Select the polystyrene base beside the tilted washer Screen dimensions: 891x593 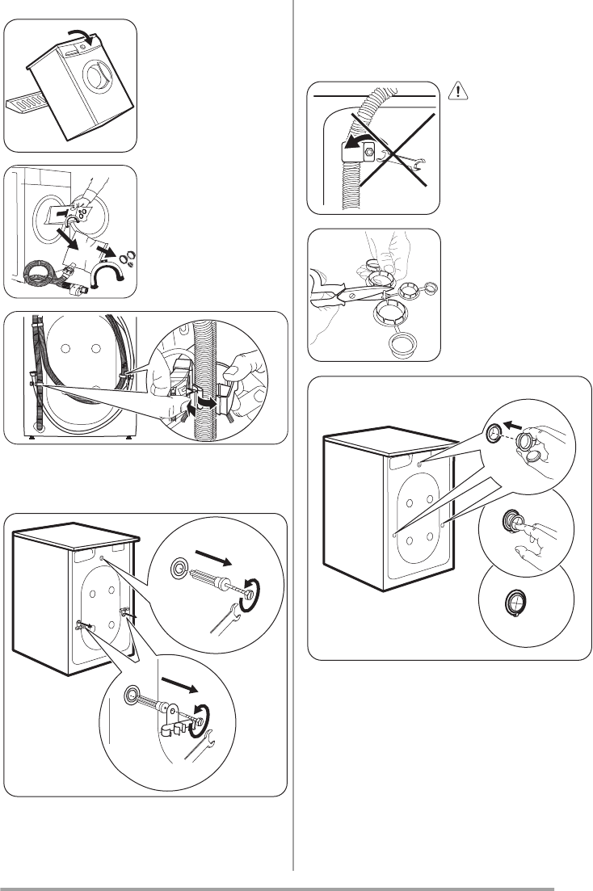pyautogui.click(x=27, y=103)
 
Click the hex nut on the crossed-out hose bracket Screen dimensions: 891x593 pyautogui.click(x=369, y=151)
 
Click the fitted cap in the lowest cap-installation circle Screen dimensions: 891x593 pyautogui.click(x=518, y=602)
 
